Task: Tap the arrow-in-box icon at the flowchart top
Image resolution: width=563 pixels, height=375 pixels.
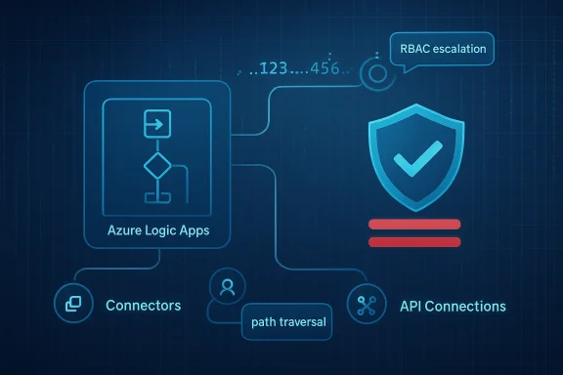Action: pyautogui.click(x=155, y=124)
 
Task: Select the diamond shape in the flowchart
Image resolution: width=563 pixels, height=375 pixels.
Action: pyautogui.click(x=156, y=165)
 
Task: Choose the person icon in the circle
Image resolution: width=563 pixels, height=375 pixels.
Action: pyautogui.click(x=228, y=287)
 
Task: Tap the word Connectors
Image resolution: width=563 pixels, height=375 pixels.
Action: pyautogui.click(x=143, y=306)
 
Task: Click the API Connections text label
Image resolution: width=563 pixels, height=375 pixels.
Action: pyautogui.click(x=453, y=306)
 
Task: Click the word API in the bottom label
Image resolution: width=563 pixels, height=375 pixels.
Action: pyautogui.click(x=412, y=306)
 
